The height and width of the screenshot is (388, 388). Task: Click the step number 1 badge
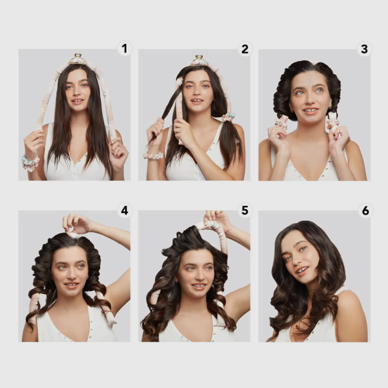coord(125,48)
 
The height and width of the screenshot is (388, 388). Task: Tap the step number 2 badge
coord(245,49)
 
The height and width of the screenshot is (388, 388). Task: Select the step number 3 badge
coord(365,49)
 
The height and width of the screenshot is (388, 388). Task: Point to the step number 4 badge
coord(125,211)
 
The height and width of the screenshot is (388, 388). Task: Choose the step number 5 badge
coord(245,210)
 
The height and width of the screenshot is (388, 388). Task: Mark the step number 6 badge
coord(366,211)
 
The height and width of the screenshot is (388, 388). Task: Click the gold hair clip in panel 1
coord(78,60)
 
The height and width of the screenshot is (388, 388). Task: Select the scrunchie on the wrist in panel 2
coord(153,155)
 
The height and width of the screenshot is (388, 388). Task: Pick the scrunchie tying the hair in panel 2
coord(228,117)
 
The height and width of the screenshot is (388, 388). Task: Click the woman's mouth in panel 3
coord(310,111)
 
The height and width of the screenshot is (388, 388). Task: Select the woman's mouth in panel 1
coord(77,101)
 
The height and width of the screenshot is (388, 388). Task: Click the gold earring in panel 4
coord(87,278)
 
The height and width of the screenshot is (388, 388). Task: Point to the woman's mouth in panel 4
coord(72,285)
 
